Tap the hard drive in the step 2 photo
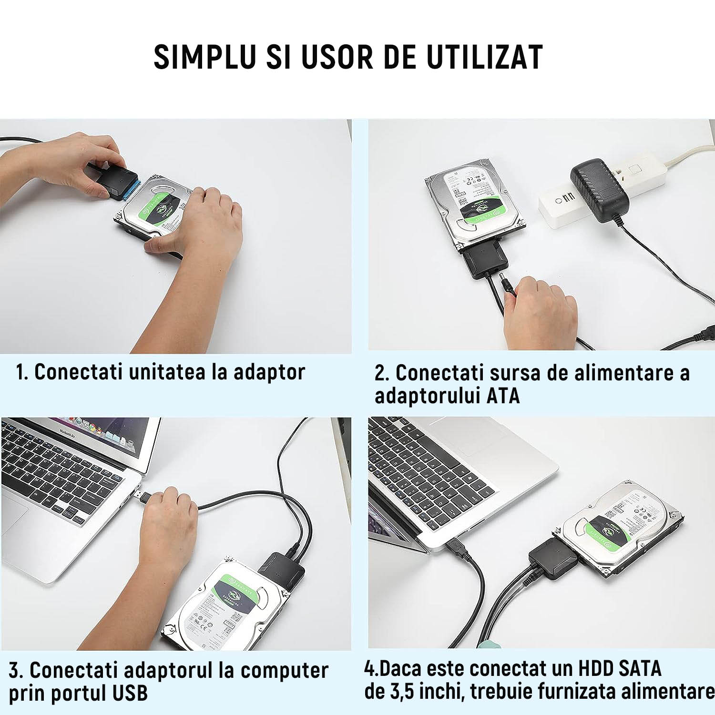point(474,205)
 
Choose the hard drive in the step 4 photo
point(620,529)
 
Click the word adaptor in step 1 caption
point(269,372)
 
